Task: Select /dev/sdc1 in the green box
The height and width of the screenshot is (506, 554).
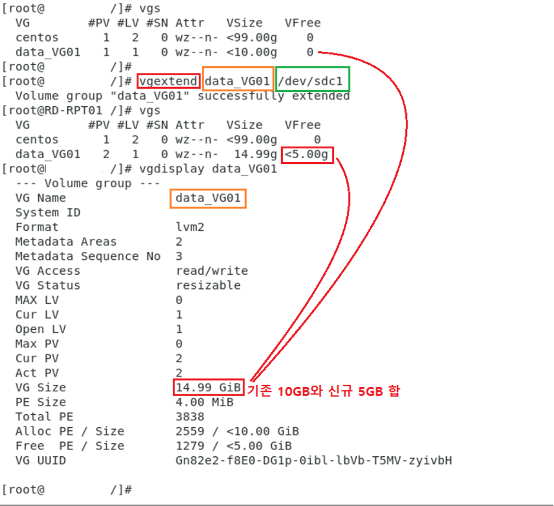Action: click(313, 81)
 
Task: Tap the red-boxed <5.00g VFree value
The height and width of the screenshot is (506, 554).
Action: click(308, 154)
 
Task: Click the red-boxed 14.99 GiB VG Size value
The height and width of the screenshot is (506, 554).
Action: click(209, 387)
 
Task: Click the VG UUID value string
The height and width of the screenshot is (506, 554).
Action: click(314, 460)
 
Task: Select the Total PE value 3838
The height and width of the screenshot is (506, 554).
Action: click(190, 417)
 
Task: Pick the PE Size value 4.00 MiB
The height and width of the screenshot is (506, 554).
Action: click(205, 402)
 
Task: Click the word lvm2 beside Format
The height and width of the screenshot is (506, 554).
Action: click(190, 227)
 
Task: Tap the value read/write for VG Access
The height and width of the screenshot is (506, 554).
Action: click(212, 271)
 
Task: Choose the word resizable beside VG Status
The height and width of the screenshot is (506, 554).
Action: click(208, 285)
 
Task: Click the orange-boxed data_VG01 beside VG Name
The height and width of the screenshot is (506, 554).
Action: click(208, 198)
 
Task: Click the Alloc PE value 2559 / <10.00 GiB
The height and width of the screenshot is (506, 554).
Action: click(237, 431)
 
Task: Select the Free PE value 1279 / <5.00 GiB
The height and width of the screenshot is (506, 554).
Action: click(234, 446)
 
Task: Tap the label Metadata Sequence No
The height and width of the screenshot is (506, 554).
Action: click(88, 256)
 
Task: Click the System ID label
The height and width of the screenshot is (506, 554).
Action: click(48, 213)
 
